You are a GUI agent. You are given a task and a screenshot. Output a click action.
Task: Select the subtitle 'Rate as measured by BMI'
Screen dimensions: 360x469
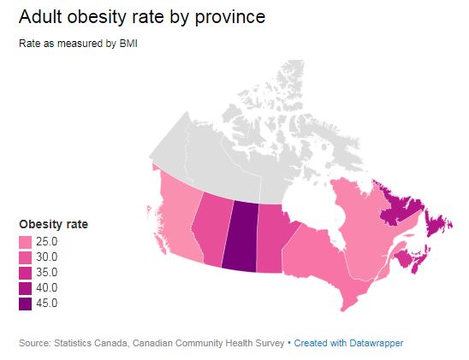point(78,44)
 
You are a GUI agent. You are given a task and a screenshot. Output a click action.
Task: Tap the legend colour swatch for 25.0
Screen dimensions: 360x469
point(26,242)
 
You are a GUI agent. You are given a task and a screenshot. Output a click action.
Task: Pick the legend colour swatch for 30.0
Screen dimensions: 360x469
point(26,257)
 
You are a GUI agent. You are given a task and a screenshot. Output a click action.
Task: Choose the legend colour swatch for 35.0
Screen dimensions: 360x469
point(26,273)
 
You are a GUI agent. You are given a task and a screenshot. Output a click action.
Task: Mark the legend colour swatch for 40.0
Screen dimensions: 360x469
point(26,288)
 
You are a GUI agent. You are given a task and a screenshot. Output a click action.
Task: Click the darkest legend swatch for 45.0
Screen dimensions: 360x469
point(26,304)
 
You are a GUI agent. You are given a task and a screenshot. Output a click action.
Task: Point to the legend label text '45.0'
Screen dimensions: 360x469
point(47,304)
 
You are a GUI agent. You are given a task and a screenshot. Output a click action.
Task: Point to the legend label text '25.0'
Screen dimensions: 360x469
point(47,242)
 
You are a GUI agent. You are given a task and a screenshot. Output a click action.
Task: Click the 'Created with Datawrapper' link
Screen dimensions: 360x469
point(347,343)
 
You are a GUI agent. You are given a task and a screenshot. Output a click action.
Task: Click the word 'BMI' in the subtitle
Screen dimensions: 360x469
point(127,44)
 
